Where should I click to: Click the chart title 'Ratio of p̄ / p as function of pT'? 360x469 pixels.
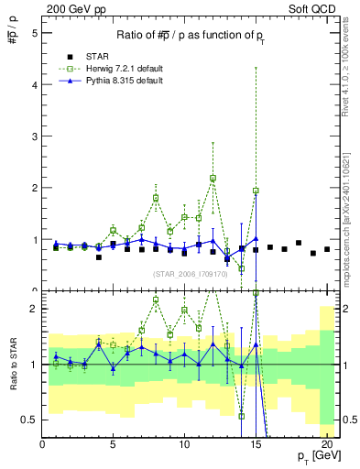(191, 35)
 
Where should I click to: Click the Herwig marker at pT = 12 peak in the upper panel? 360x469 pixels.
(213, 178)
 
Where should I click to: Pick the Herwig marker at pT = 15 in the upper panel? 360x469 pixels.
(256, 191)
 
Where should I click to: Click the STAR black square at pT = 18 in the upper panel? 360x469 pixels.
(299, 243)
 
